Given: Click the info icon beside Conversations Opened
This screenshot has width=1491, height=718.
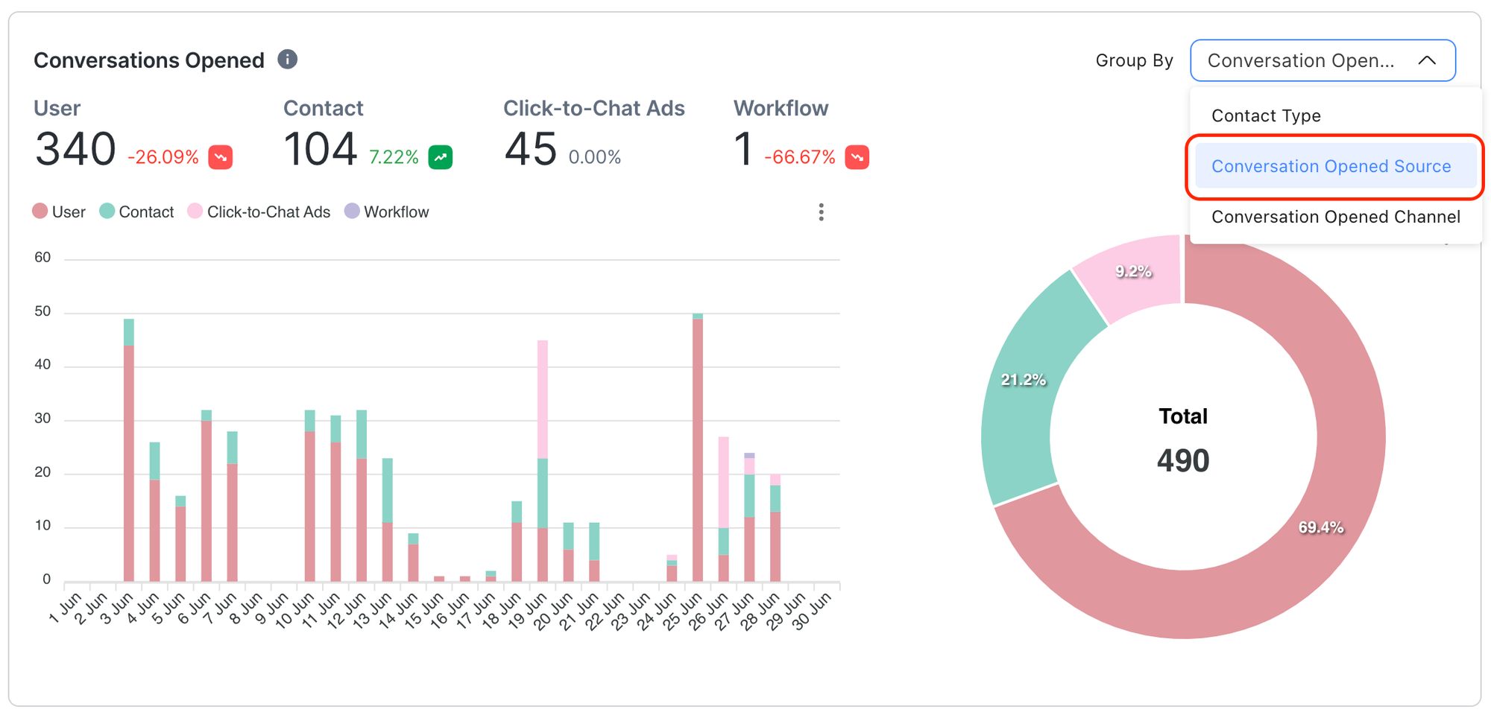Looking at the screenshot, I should click(288, 60).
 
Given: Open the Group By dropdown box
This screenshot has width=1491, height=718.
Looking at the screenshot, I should click(1322, 60).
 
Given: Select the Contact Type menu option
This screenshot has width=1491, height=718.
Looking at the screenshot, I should click(1266, 115).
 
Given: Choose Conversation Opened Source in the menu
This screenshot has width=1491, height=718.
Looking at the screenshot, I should click(1331, 166).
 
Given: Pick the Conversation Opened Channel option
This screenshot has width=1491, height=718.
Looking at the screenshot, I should click(1335, 217).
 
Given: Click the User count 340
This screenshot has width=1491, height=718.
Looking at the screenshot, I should click(75, 149).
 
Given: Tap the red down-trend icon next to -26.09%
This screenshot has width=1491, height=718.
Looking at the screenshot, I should click(221, 157).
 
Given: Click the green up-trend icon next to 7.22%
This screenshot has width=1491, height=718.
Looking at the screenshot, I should click(441, 157).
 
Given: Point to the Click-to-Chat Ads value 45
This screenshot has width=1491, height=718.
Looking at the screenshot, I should click(530, 149).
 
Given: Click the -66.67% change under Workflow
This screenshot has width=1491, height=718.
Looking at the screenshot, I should click(800, 157).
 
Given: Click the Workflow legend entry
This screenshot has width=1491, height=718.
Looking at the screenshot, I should click(387, 212).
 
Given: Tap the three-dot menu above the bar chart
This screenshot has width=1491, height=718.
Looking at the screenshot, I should click(821, 212).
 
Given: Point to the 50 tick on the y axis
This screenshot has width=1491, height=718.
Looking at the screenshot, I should click(42, 311).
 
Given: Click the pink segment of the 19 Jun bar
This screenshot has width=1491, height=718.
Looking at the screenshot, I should click(543, 398).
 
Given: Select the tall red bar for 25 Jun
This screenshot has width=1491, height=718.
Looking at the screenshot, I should click(698, 447).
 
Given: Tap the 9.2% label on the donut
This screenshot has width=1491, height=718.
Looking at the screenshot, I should click(1133, 272).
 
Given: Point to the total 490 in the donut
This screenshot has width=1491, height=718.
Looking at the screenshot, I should click(1183, 460).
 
